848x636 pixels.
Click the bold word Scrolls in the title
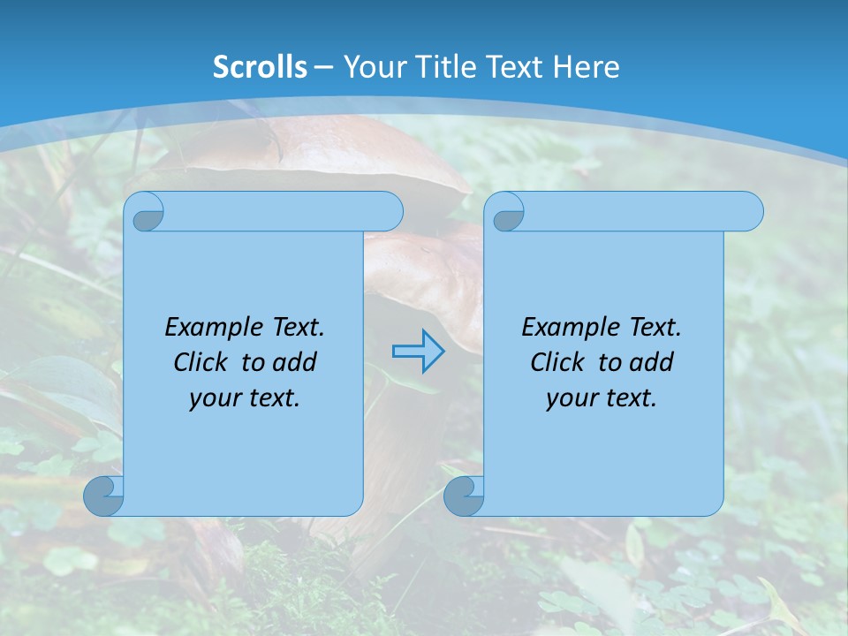tap(260, 67)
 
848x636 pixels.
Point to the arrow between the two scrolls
tap(418, 351)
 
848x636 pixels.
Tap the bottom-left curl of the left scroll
tap(104, 495)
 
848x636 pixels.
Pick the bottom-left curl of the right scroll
tap(464, 495)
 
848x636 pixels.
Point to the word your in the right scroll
tap(571, 398)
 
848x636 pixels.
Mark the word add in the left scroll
tap(295, 362)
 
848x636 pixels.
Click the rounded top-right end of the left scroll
tap(389, 212)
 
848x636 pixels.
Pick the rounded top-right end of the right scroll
tap(749, 212)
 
